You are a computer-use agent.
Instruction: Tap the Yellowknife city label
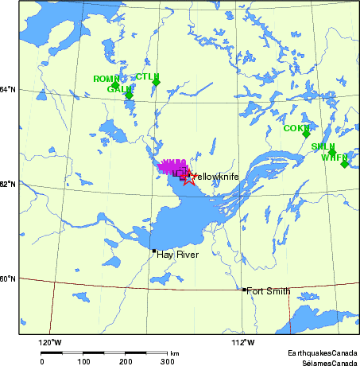215,176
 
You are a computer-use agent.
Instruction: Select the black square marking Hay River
154,251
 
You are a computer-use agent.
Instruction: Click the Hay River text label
176,255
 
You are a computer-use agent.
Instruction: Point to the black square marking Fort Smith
243,290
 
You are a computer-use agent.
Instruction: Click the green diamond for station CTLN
157,83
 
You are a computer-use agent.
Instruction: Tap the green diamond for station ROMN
115,85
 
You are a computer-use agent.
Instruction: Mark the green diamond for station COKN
306,134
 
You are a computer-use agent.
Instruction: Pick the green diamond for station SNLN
332,152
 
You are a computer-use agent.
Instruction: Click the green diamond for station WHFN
344,163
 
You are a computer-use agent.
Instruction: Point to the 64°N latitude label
9,89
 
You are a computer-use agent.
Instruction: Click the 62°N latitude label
9,184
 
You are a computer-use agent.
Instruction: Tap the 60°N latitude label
9,278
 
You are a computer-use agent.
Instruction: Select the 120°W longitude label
51,343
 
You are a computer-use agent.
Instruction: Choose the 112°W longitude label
243,343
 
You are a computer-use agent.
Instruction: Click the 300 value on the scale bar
167,361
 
